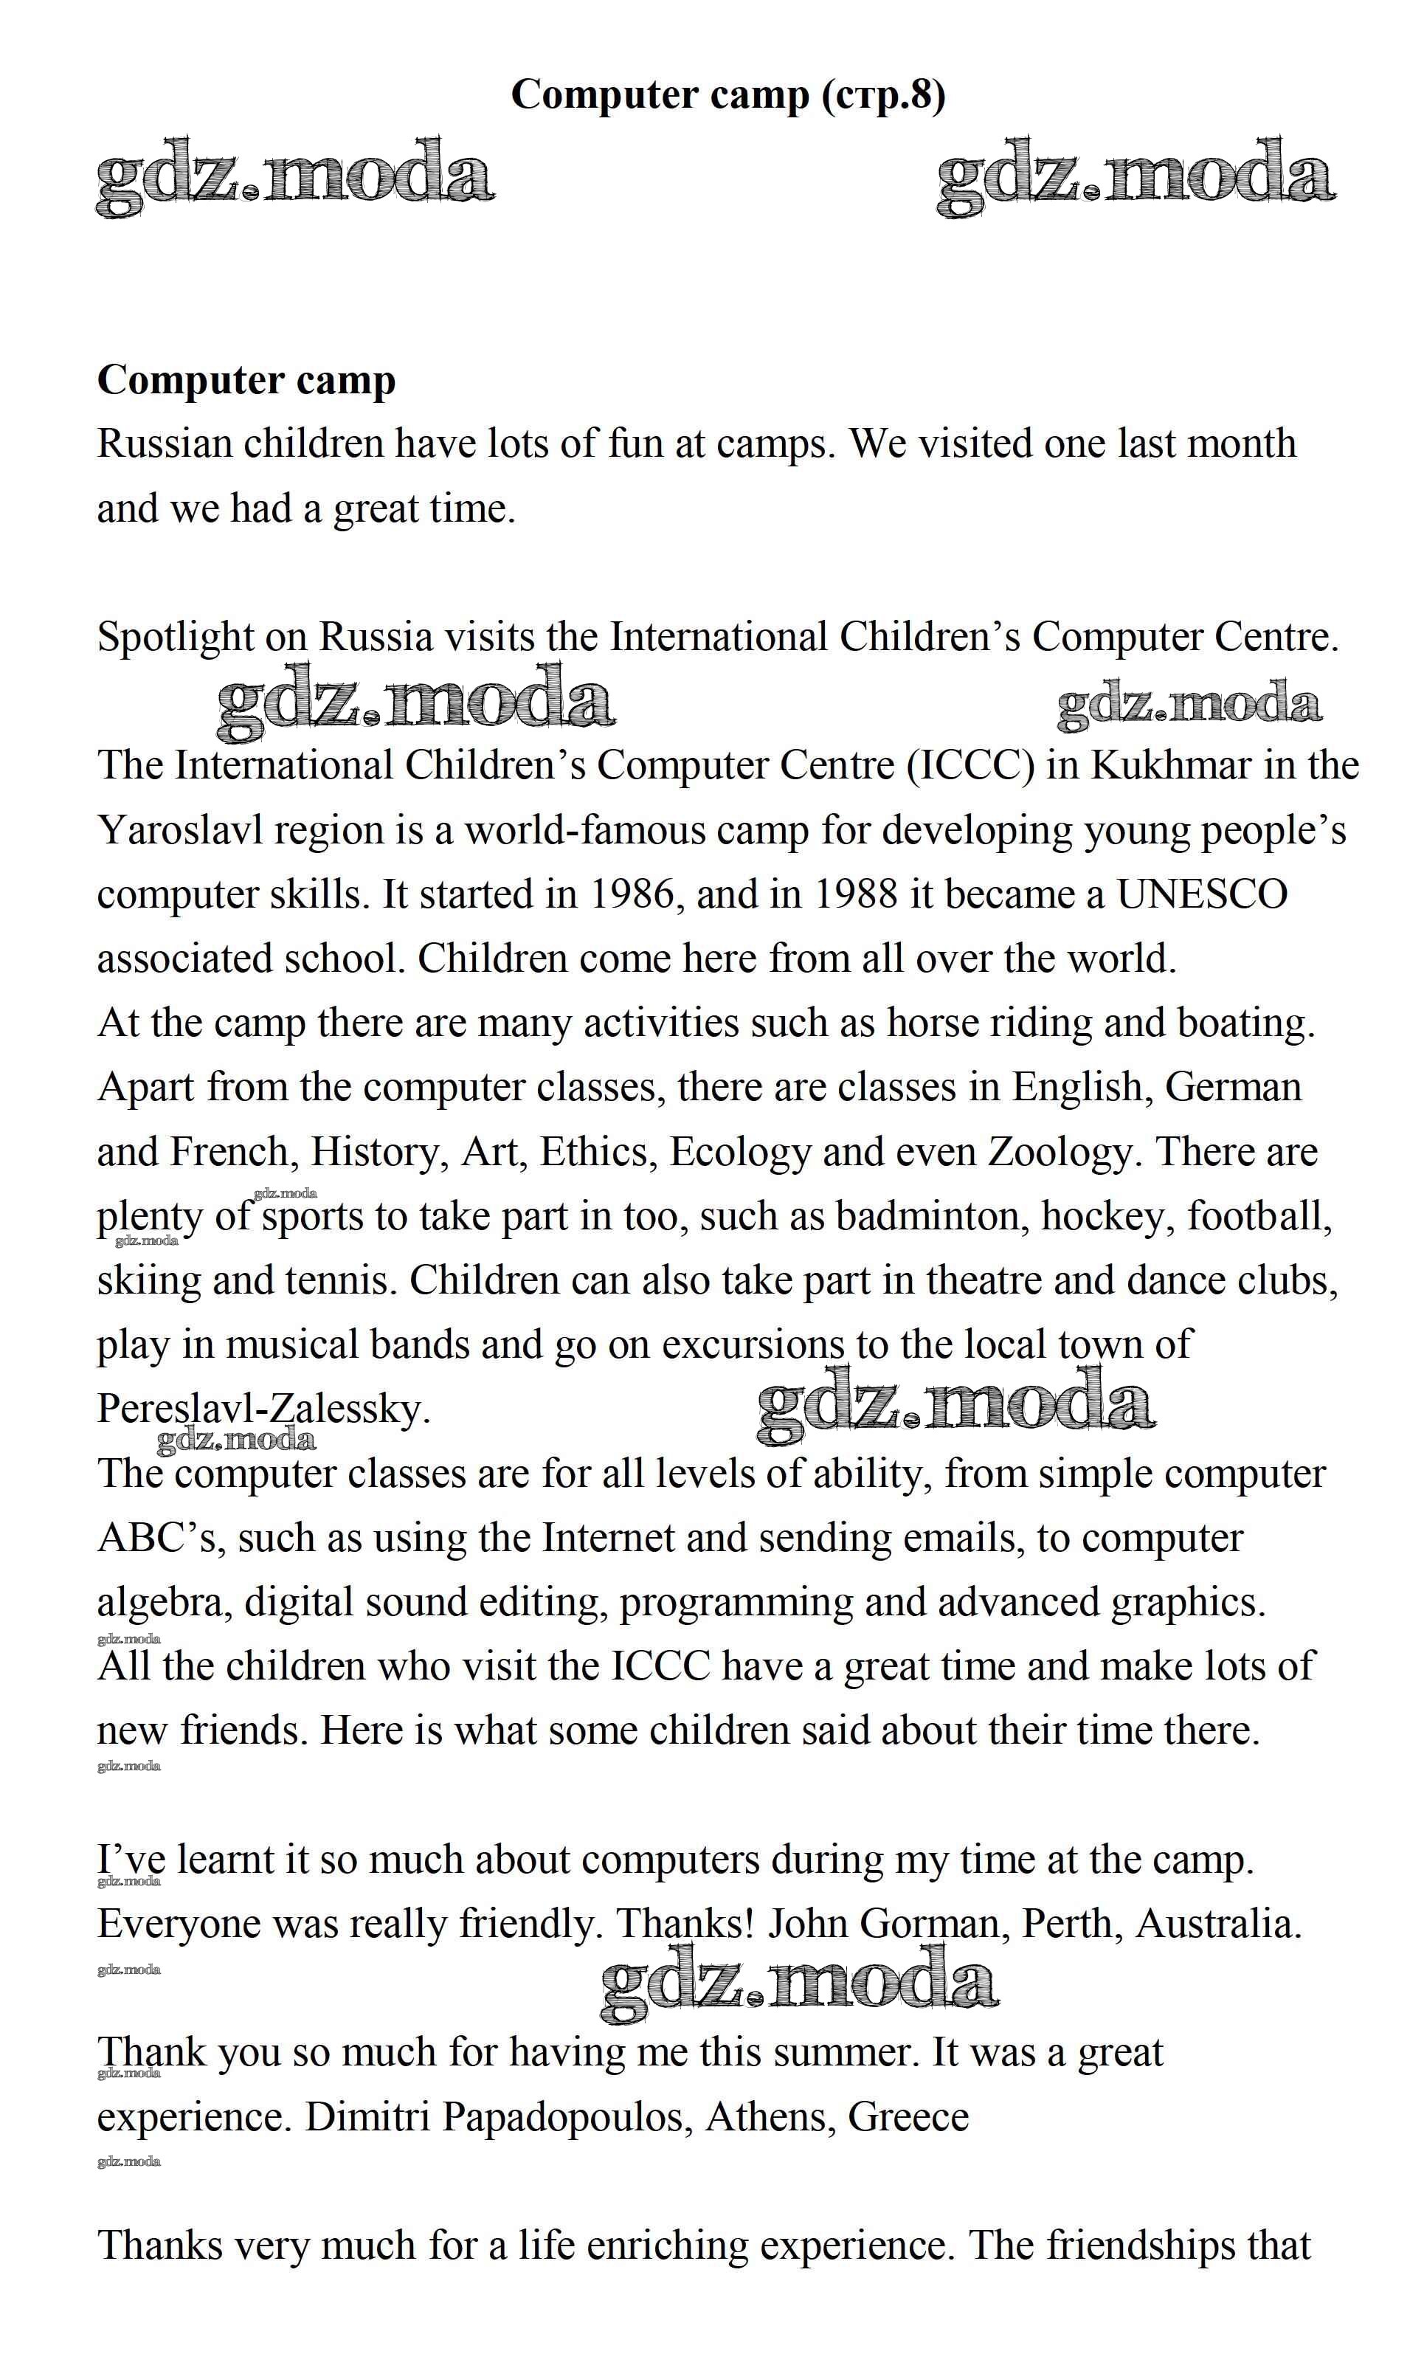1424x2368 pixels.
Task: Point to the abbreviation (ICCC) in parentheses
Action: click(x=972, y=766)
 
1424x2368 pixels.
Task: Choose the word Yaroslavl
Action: click(x=181, y=830)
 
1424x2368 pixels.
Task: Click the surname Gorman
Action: click(x=935, y=1924)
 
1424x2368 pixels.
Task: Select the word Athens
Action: click(x=767, y=2116)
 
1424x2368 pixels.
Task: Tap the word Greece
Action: click(x=909, y=2116)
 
